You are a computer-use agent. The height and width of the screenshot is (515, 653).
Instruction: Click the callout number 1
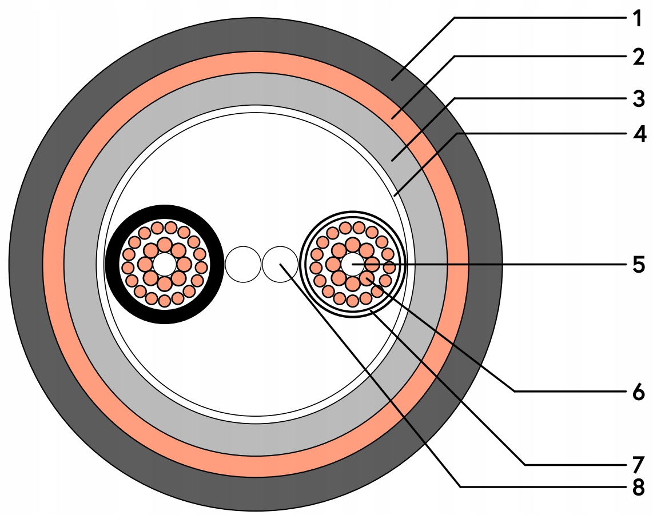click(637, 18)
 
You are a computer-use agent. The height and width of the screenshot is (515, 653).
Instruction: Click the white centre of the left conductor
click(165, 264)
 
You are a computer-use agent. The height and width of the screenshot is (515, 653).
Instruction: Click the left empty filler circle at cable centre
click(242, 264)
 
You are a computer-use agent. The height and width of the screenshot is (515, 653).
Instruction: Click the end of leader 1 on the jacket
click(393, 81)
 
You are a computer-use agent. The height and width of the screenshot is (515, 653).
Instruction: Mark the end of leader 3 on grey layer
click(392, 161)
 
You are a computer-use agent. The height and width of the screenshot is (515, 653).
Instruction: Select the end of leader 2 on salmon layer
click(393, 118)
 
